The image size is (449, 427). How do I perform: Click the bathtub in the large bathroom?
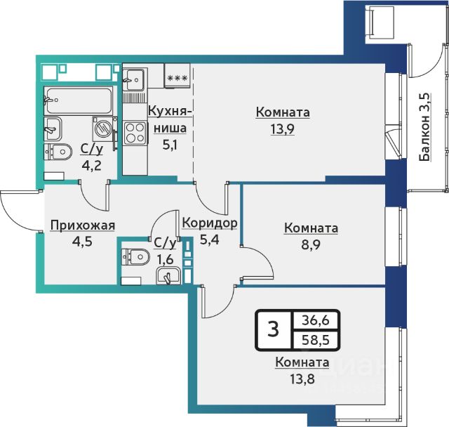tap(78, 100)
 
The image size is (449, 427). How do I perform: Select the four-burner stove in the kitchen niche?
tap(135, 133)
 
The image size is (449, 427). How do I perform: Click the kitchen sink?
tap(133, 79)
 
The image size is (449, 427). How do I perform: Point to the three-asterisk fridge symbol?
tap(177, 78)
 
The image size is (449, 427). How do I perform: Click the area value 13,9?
tap(283, 129)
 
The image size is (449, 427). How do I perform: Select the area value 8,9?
tap(311, 245)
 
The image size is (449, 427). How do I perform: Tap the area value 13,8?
tap(302, 380)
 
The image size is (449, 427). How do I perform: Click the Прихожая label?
tap(83, 225)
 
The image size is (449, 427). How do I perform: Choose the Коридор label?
tap(210, 223)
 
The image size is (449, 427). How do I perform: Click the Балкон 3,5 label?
tap(425, 127)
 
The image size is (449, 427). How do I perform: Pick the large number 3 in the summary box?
tap(274, 329)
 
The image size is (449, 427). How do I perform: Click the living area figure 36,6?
tap(315, 320)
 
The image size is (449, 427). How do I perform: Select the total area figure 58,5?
tap(315, 340)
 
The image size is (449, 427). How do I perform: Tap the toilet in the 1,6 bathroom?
tap(135, 257)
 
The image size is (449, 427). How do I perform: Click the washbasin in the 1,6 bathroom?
tap(168, 276)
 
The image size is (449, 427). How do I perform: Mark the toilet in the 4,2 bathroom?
tap(58, 152)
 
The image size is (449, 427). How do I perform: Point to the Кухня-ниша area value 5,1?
tap(170, 145)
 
